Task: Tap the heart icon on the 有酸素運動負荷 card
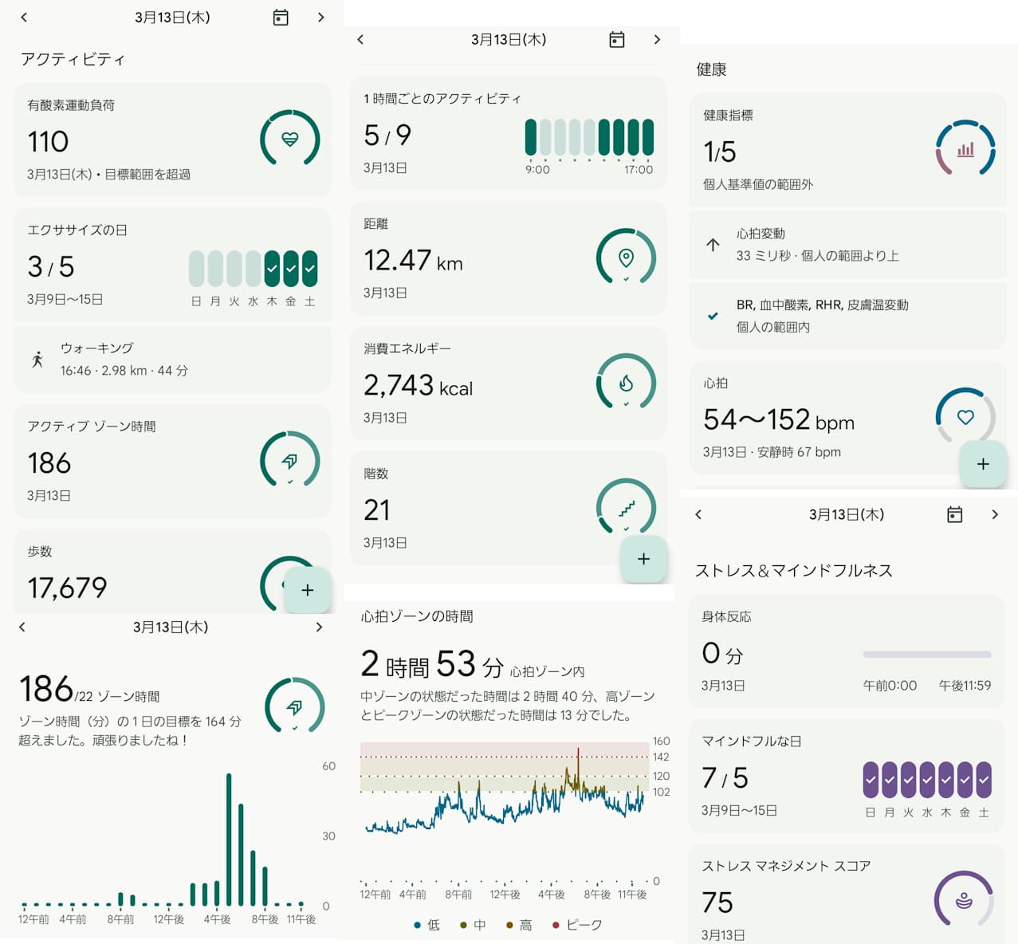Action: point(290,140)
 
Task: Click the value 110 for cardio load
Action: point(48,142)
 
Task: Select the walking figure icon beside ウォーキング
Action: point(37,360)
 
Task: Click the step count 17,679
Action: point(67,588)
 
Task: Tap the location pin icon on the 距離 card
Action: point(626,257)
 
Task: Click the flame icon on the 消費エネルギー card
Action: point(626,383)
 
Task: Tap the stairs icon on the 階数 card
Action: point(627,508)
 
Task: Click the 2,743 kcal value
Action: point(418,386)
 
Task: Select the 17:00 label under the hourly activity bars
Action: point(639,170)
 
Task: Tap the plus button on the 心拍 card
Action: point(983,464)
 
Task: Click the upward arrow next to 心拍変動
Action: point(713,245)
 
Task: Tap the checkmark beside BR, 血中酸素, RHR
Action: point(713,316)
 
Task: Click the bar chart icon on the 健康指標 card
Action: point(965,149)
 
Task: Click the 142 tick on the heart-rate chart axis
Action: point(661,757)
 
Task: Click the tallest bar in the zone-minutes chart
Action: point(229,839)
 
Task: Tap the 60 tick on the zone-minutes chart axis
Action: point(328,766)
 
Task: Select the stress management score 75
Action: point(717,903)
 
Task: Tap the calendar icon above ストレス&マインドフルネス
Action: point(954,515)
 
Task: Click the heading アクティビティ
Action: point(73,59)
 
